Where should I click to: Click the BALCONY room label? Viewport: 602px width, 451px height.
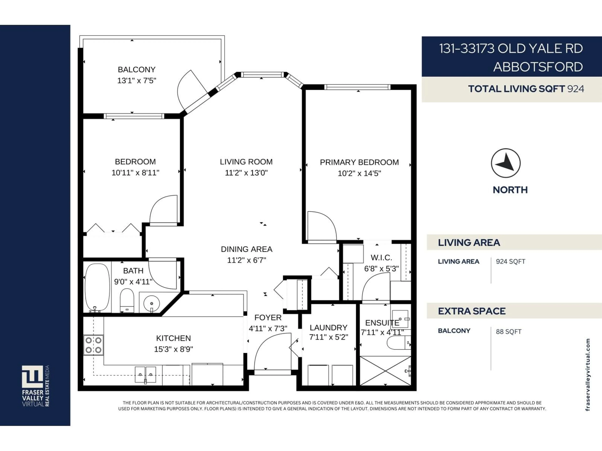(136, 70)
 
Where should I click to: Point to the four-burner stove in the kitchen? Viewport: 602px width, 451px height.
(93, 345)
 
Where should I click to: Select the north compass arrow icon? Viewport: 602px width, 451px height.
(505, 163)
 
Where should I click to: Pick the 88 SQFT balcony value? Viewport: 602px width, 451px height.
(508, 332)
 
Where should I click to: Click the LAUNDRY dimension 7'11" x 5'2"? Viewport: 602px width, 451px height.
(328, 337)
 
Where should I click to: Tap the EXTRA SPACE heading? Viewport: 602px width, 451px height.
(472, 311)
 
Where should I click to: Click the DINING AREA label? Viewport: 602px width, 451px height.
(246, 249)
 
